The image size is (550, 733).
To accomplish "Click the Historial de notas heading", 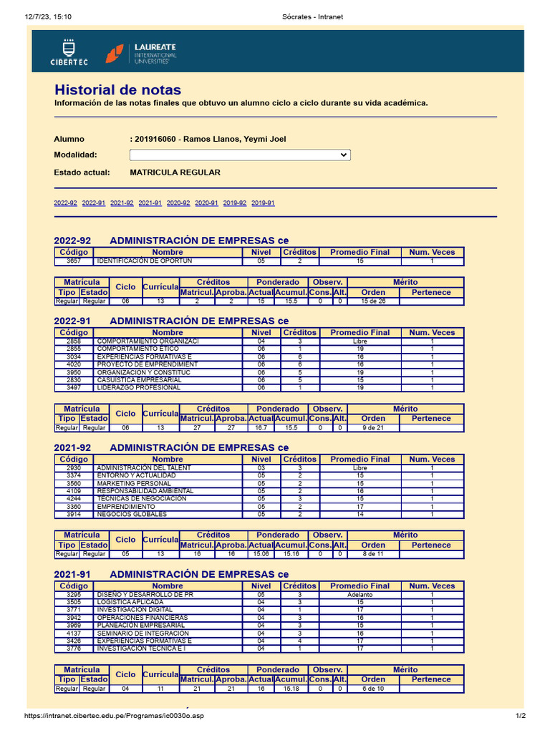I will tap(117, 90).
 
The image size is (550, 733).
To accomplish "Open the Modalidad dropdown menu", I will tap(240, 155).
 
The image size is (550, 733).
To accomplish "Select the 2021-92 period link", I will tap(122, 203).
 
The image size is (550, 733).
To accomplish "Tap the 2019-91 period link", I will tap(263, 203).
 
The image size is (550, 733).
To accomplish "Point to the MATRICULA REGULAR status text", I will tap(175, 173).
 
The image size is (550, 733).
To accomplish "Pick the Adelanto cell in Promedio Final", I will tap(360, 595).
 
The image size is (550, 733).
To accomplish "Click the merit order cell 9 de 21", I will tap(373, 427).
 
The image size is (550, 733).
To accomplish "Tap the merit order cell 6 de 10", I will tap(373, 689).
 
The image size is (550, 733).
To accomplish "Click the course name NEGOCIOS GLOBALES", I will tap(132, 514).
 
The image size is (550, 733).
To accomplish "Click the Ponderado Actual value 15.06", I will tap(261, 554).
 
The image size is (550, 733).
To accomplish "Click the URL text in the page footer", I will tap(115, 716).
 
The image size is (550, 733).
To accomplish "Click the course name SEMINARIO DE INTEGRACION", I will tap(143, 633).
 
